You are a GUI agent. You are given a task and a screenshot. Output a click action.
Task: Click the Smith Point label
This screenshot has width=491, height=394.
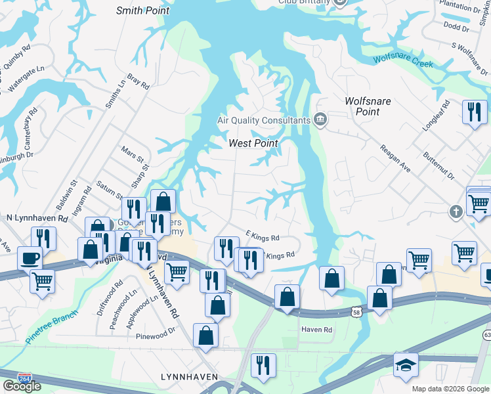point(142,11)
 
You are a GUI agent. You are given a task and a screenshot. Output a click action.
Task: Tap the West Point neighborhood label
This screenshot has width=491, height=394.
point(253,143)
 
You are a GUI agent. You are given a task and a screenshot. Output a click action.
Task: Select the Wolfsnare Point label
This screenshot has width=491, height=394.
point(362,106)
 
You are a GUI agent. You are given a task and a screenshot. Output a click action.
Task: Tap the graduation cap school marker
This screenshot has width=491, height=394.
point(405,364)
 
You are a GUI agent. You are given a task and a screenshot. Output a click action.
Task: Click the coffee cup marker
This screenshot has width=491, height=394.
point(30,257)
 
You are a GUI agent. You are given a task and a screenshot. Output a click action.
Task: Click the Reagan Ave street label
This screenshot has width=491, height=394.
point(395,159)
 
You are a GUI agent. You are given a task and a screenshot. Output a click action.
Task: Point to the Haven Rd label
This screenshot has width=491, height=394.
point(317,329)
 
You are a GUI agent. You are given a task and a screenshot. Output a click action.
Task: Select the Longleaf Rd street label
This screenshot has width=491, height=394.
point(436,116)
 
